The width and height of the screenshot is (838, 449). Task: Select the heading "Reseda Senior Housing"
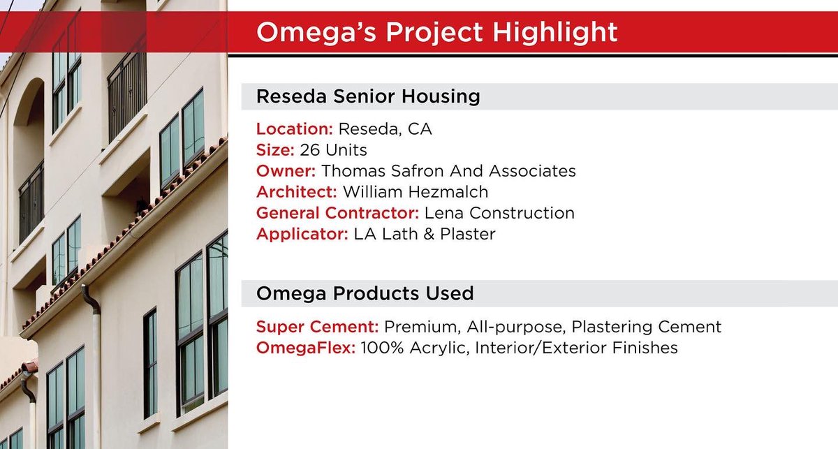point(368,96)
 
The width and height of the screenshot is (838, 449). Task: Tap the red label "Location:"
point(295,129)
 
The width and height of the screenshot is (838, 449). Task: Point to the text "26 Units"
point(333,150)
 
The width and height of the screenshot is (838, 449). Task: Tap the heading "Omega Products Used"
point(365,293)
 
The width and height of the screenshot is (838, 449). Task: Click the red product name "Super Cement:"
point(318,326)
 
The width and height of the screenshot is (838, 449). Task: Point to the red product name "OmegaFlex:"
point(306,347)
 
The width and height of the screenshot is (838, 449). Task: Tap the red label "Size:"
point(275,150)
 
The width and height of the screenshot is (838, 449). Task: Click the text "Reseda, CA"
point(385,129)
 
